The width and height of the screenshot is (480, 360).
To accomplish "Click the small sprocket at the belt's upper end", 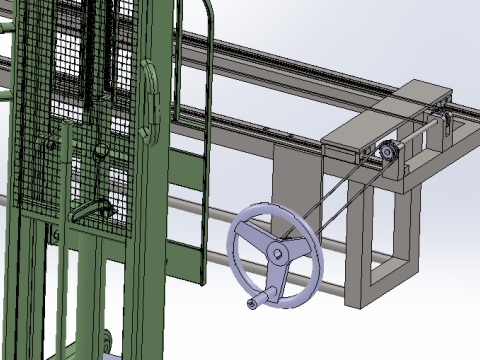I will (389, 152).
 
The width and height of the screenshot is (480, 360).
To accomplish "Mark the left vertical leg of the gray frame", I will (355, 240).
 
